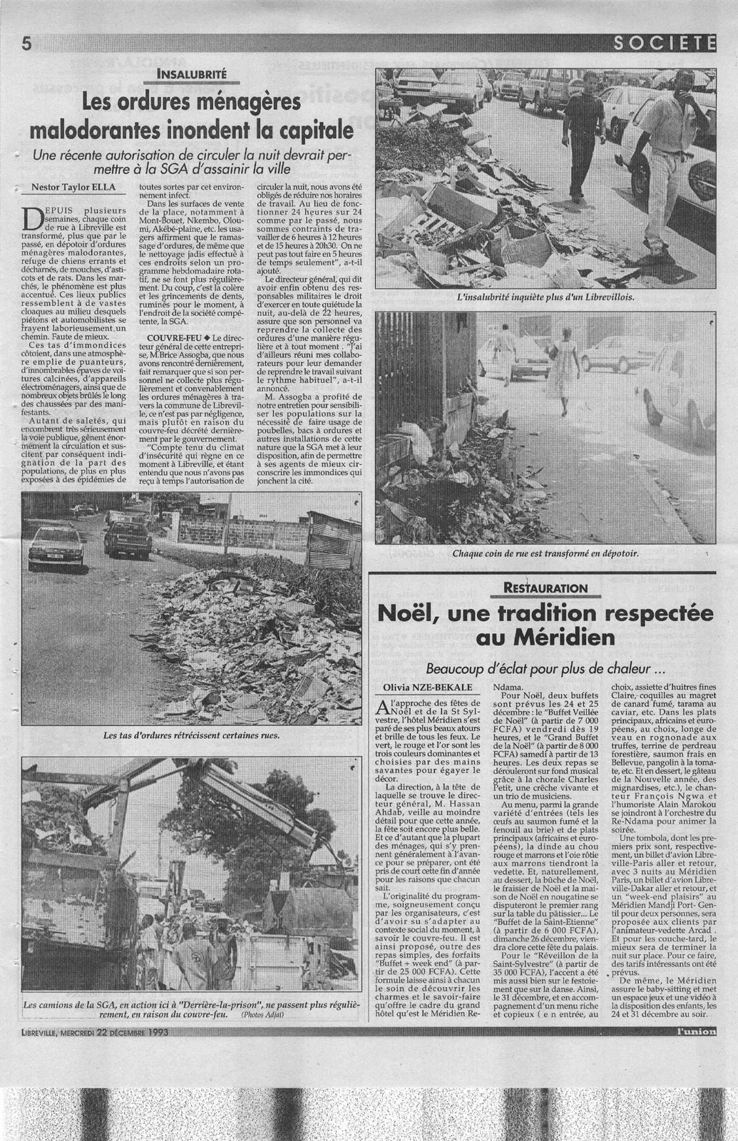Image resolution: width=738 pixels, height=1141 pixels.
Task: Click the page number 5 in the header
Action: coord(26,44)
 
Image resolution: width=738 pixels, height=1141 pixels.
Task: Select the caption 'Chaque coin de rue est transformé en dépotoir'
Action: coord(548,551)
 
